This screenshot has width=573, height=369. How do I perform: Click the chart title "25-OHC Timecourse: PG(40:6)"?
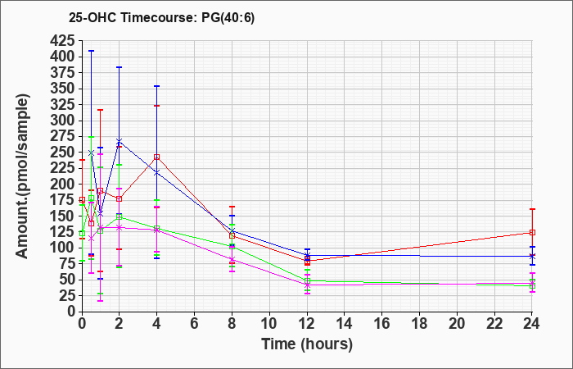pos(161,18)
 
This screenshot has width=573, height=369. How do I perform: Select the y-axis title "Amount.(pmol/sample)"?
pos(22,176)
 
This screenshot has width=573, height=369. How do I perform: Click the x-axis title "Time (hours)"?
pos(307,344)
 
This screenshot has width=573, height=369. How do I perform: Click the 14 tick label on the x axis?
pos(345,324)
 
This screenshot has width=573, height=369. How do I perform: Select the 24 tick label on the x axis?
pos(531,324)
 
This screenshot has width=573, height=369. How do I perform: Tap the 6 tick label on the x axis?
pos(195,324)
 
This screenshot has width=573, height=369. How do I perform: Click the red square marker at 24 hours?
pos(532,232)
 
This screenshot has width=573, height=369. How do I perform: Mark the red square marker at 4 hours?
pos(157,157)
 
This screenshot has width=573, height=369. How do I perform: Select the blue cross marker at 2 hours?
pos(120,141)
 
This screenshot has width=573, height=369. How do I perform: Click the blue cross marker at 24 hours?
pos(532,256)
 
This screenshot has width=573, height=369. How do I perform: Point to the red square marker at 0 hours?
pos(82,200)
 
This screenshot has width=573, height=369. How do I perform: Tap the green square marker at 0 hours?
pos(82,234)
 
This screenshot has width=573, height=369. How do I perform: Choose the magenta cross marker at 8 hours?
pos(232,260)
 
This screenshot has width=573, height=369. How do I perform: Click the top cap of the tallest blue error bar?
pos(92,51)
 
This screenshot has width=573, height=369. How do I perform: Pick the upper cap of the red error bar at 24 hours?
pos(532,209)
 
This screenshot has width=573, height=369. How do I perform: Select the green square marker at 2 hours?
pos(120,216)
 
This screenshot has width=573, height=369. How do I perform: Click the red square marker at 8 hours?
pos(232,236)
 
